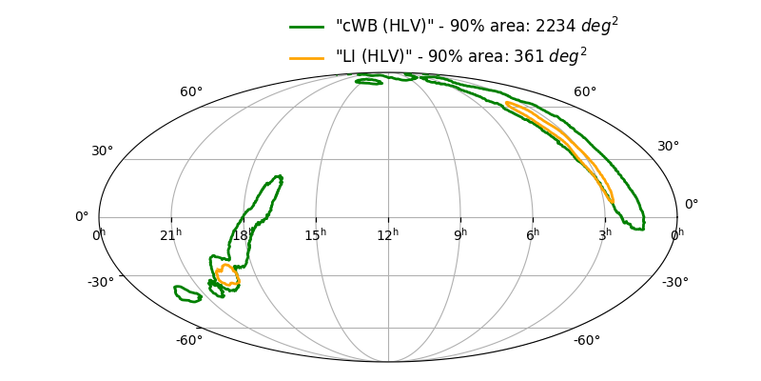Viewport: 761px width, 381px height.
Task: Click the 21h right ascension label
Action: pyautogui.click(x=171, y=234)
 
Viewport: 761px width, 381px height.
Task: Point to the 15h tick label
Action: pyautogui.click(x=316, y=234)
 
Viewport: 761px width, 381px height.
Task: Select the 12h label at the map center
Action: pyautogui.click(x=388, y=234)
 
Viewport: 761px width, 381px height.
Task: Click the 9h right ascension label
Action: pyautogui.click(x=460, y=234)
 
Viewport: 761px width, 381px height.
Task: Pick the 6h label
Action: pyautogui.click(x=533, y=234)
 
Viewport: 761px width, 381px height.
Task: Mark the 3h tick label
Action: pyautogui.click(x=605, y=234)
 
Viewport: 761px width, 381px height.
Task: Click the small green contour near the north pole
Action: pyautogui.click(x=369, y=82)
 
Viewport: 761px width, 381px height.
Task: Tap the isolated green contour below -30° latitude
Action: pyautogui.click(x=188, y=293)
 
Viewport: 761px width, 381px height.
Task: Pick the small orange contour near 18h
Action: pyautogui.click(x=226, y=276)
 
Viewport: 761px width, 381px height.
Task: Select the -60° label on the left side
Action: pyautogui.click(x=188, y=340)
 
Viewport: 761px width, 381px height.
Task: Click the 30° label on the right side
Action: pyautogui.click(x=668, y=146)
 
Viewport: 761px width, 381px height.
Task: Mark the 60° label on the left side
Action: pyautogui.click(x=191, y=91)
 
